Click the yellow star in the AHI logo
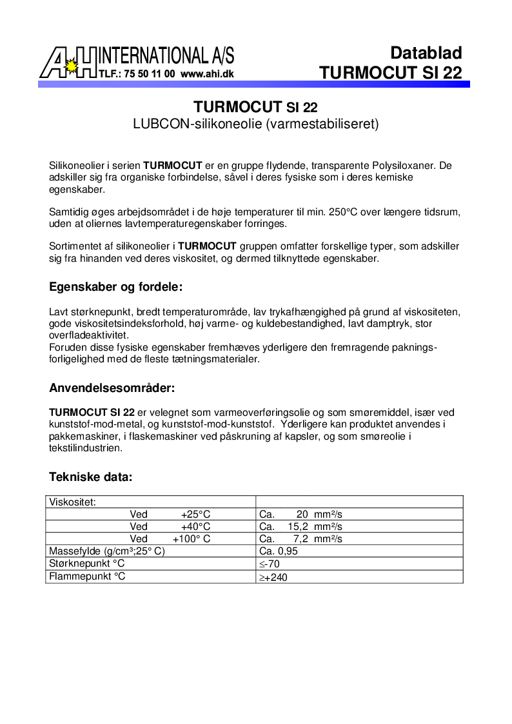[73, 66]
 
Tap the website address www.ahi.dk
[207, 74]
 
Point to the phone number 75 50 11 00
[151, 74]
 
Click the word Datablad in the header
[426, 53]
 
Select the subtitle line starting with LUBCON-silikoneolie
[255, 123]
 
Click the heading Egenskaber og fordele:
[116, 287]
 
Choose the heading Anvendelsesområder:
[112, 388]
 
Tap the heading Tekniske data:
[90, 477]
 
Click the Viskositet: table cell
[73, 502]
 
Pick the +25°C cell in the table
[195, 514]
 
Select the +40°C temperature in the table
[195, 527]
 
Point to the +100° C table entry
[191, 539]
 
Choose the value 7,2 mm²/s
[317, 539]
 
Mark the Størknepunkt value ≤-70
[269, 564]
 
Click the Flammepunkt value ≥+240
[273, 577]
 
